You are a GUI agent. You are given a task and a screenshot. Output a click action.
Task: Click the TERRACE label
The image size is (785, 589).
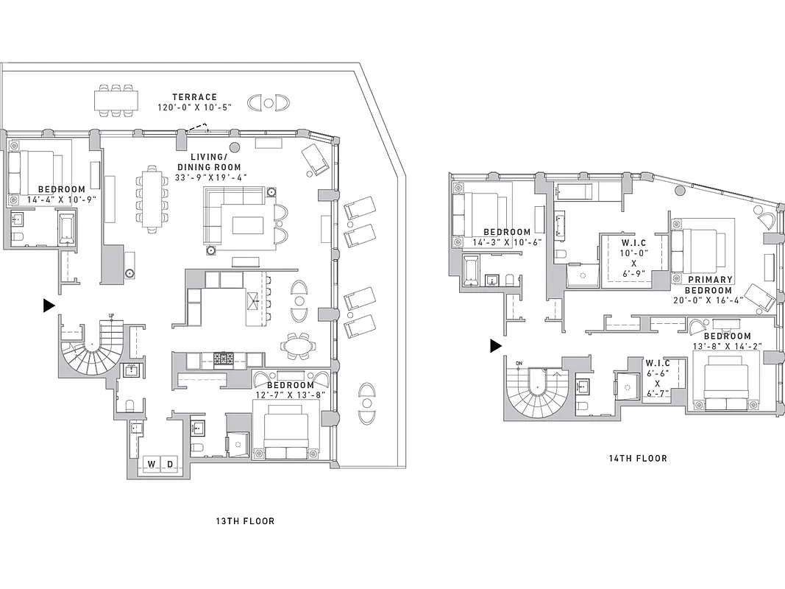194,96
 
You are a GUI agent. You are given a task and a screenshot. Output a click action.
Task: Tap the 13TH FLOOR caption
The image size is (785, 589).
245,521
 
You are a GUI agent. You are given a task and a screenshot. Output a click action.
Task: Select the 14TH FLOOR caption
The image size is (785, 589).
638,458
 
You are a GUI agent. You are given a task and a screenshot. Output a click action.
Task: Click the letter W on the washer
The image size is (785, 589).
152,464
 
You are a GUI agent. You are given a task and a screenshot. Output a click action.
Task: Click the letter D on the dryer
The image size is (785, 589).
170,464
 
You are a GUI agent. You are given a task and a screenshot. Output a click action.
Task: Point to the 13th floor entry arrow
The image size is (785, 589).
49,305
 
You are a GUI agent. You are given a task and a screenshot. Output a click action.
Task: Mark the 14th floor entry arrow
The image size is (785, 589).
497,346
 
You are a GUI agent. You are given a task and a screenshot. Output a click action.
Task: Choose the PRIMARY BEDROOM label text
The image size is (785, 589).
710,285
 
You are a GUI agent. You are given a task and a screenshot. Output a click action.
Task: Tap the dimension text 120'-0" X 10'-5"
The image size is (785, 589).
194,107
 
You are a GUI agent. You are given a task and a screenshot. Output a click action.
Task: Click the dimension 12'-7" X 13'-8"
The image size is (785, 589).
290,395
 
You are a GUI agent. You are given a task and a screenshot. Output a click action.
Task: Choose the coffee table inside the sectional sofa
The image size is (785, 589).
247,224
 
